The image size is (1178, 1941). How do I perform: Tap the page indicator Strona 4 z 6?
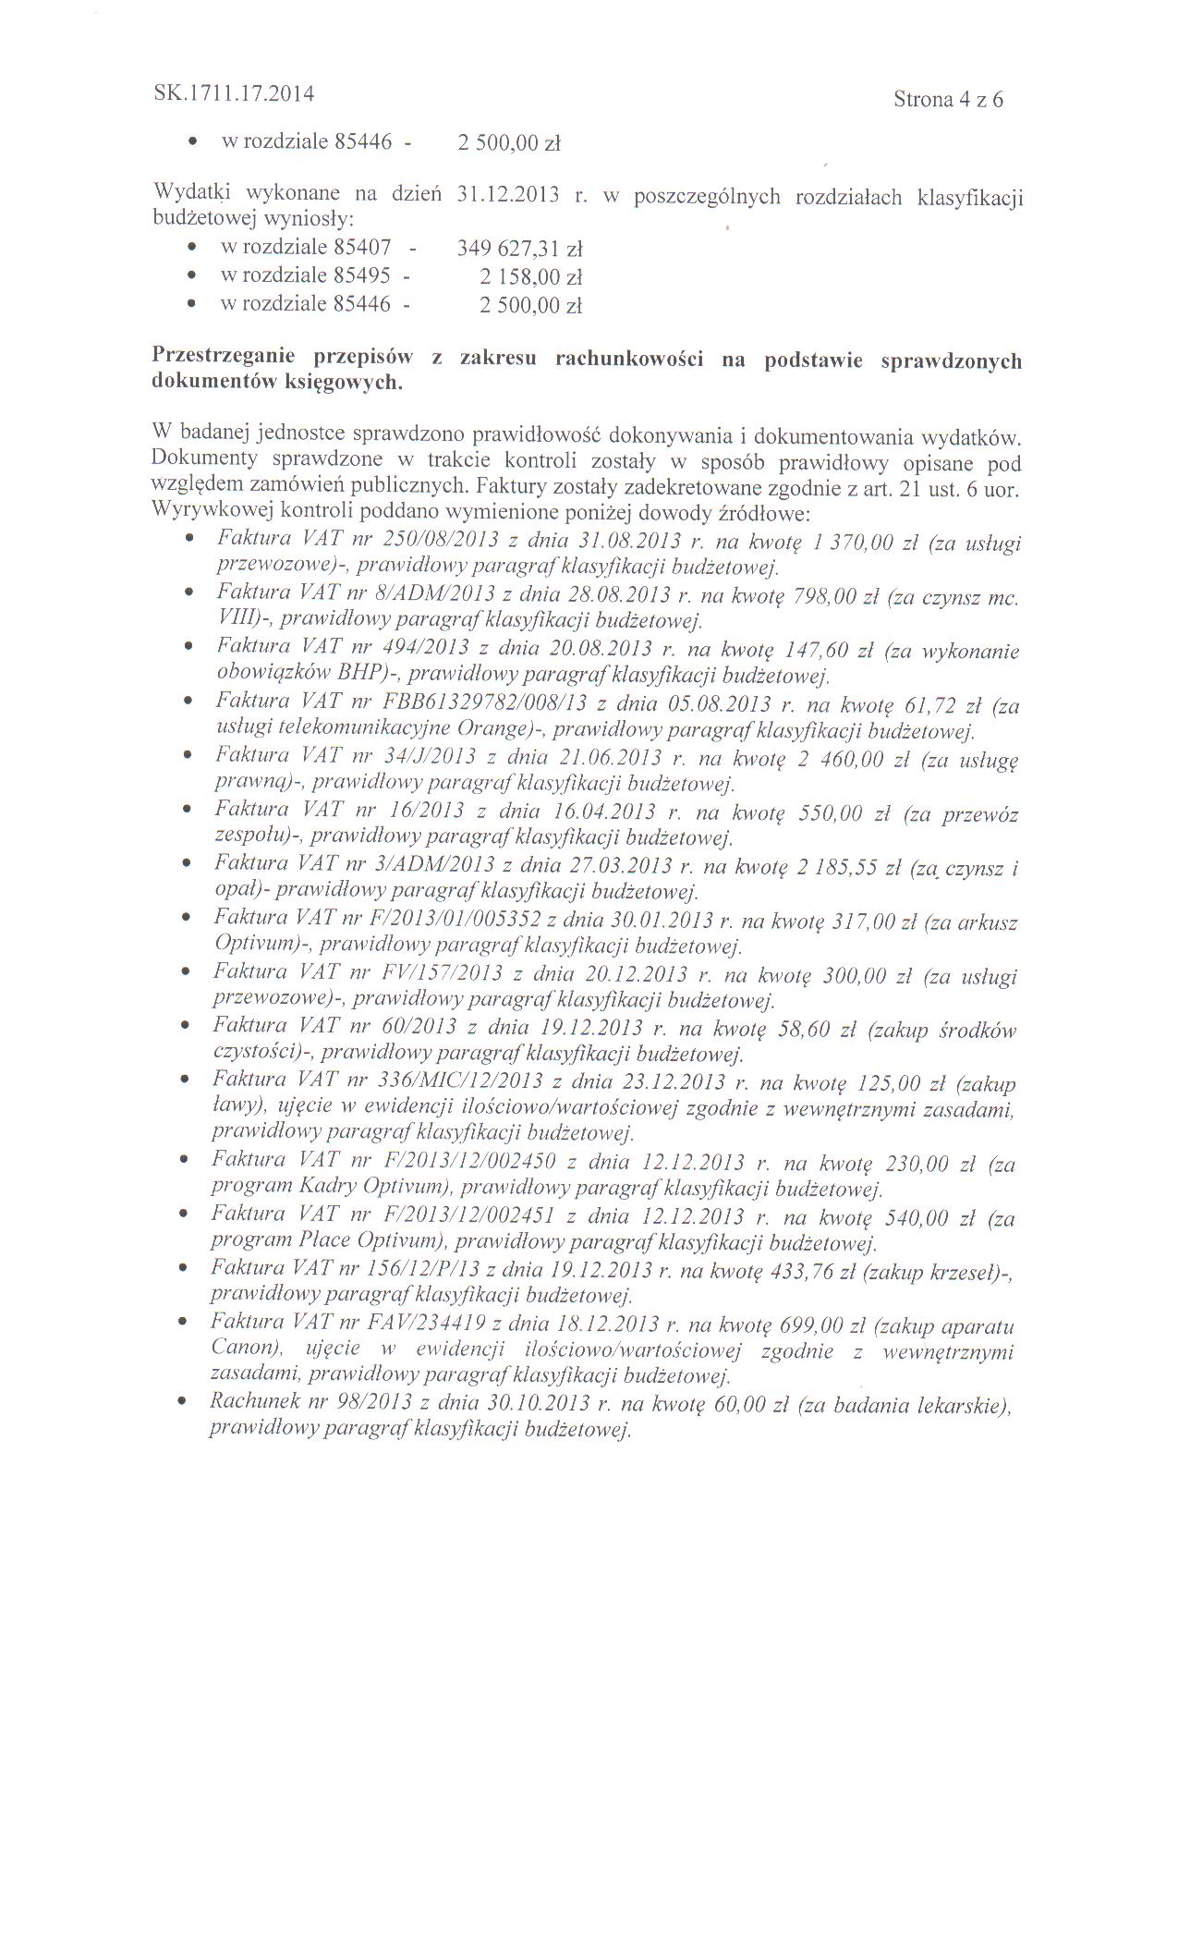[x=948, y=100]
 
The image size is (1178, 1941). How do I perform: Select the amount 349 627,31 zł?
[x=520, y=249]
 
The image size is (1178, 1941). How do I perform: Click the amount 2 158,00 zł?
[x=531, y=277]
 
